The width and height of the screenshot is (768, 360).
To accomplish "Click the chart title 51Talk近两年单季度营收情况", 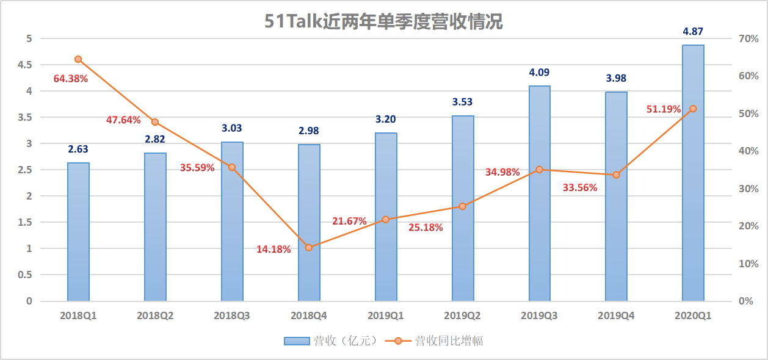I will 384,21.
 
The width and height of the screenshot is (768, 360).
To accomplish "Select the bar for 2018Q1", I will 78,232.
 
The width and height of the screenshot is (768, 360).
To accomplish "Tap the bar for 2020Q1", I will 693,173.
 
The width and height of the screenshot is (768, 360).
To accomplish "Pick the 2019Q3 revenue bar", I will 539,193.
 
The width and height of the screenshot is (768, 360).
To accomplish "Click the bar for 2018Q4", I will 309,223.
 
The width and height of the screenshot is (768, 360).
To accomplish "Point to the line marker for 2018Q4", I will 309,248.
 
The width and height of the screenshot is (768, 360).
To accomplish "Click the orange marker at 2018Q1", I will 78,59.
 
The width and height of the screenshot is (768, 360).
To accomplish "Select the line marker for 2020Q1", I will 693,109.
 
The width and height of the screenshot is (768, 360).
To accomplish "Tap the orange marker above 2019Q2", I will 462,206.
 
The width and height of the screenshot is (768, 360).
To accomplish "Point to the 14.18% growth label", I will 274,249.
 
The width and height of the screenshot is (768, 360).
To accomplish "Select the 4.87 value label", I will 693,32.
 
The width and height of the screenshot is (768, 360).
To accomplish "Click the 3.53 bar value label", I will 462,102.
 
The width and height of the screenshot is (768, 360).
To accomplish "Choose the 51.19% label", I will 664,109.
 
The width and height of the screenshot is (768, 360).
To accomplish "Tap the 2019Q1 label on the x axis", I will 385,316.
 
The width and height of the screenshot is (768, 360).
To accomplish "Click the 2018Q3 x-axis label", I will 232,316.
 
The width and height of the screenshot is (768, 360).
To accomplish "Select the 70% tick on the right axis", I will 748,38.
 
